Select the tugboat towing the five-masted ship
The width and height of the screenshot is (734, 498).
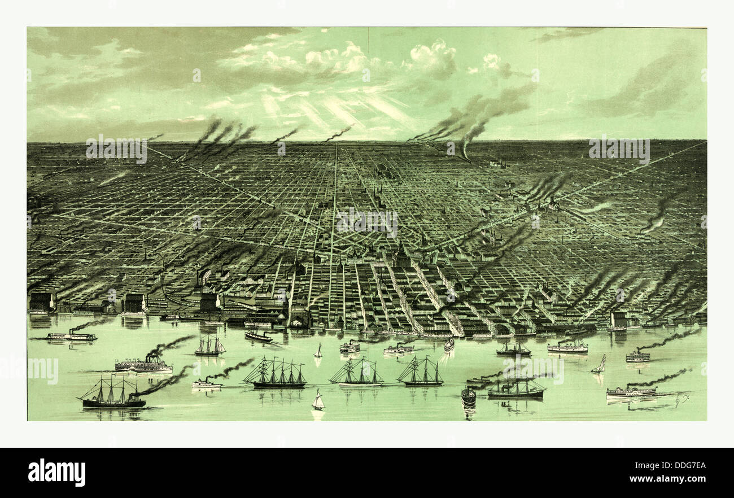(206, 384)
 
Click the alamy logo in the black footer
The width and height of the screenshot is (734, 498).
(56, 473)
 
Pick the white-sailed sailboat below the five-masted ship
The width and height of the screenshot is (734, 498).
(318, 401)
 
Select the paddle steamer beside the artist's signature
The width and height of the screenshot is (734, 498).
(631, 392)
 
